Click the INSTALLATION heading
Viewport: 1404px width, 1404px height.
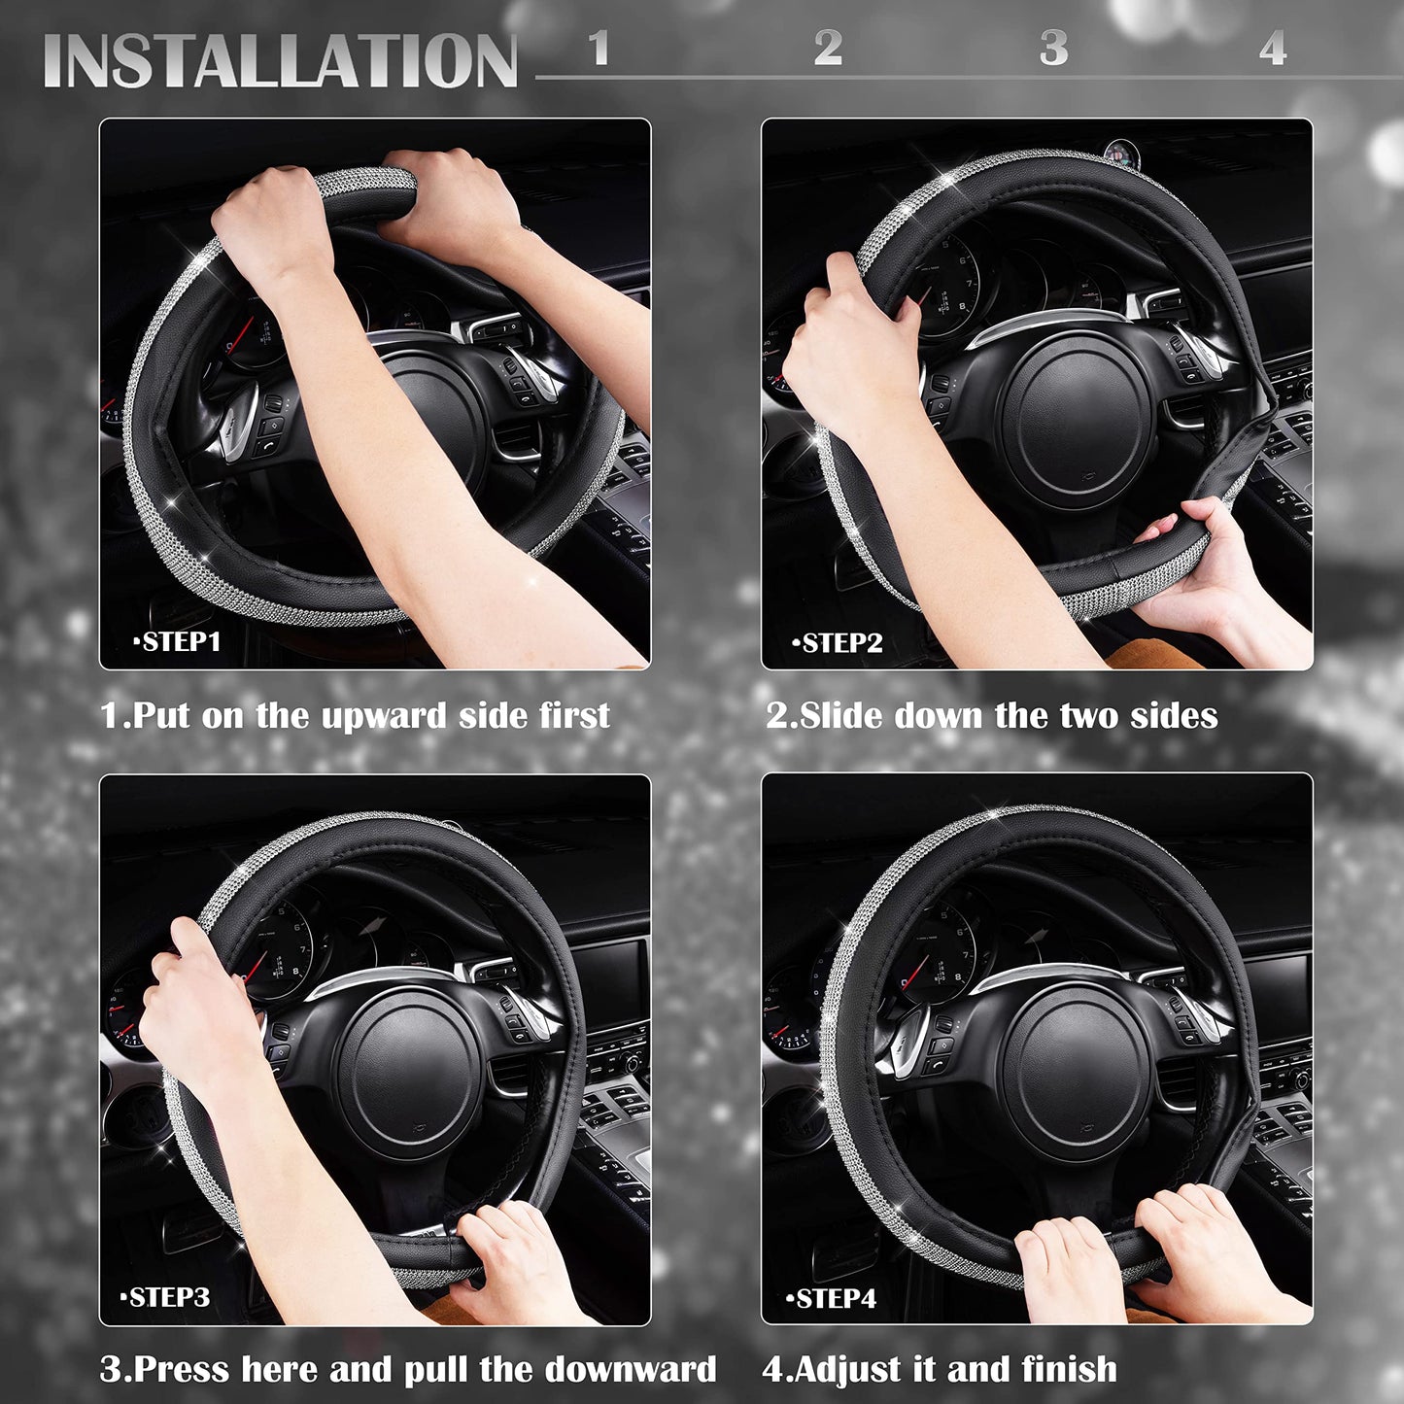280,61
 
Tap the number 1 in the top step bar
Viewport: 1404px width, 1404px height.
599,49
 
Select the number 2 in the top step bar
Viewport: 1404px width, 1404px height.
828,49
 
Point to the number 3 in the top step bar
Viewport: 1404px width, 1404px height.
1053,49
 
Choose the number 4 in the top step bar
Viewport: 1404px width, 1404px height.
1273,49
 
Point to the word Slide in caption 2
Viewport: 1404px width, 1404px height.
840,716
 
